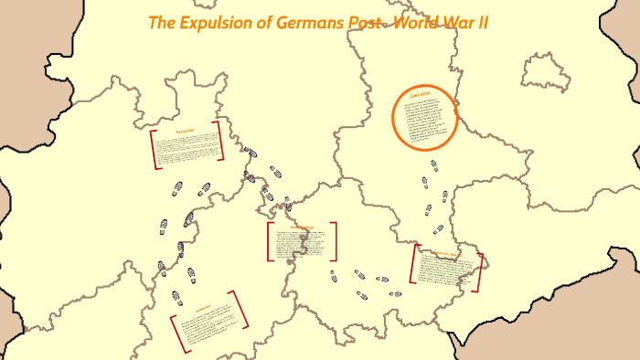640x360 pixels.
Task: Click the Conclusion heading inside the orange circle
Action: (x=425, y=95)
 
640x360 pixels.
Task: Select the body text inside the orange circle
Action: (x=425, y=122)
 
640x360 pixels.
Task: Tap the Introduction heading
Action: (x=202, y=309)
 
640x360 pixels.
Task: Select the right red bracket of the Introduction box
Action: (x=241, y=309)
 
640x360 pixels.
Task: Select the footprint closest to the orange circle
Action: (x=432, y=164)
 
